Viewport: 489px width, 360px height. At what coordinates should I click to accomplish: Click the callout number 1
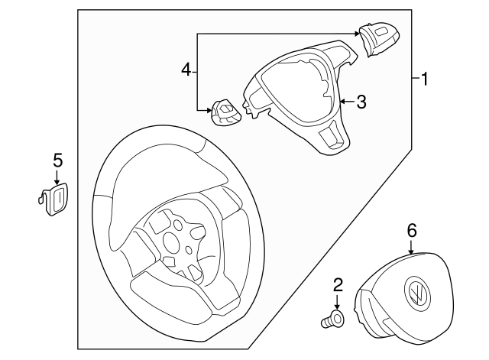pyautogui.click(x=425, y=79)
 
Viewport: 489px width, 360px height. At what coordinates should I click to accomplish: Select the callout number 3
pyautogui.click(x=361, y=102)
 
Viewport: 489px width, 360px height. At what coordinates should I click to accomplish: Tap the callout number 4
pyautogui.click(x=186, y=70)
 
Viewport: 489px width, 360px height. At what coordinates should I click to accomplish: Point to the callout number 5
pyautogui.click(x=58, y=161)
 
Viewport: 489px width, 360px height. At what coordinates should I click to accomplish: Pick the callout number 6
pyautogui.click(x=411, y=231)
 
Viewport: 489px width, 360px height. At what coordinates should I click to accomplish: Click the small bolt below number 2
pyautogui.click(x=332, y=320)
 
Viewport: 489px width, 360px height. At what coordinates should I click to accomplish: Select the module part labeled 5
pyautogui.click(x=53, y=199)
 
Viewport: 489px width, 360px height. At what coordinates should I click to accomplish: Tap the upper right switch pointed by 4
pyautogui.click(x=379, y=39)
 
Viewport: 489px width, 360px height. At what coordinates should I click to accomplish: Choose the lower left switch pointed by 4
pyautogui.click(x=225, y=112)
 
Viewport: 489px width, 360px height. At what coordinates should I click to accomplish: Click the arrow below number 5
pyautogui.click(x=57, y=177)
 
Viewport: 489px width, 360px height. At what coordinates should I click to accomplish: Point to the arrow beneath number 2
pyautogui.click(x=337, y=302)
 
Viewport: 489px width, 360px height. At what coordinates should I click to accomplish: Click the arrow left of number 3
pyautogui.click(x=347, y=102)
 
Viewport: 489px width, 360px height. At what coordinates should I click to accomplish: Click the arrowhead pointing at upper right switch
pyautogui.click(x=358, y=34)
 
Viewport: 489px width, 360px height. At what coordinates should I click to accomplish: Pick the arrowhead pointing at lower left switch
pyautogui.click(x=209, y=110)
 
